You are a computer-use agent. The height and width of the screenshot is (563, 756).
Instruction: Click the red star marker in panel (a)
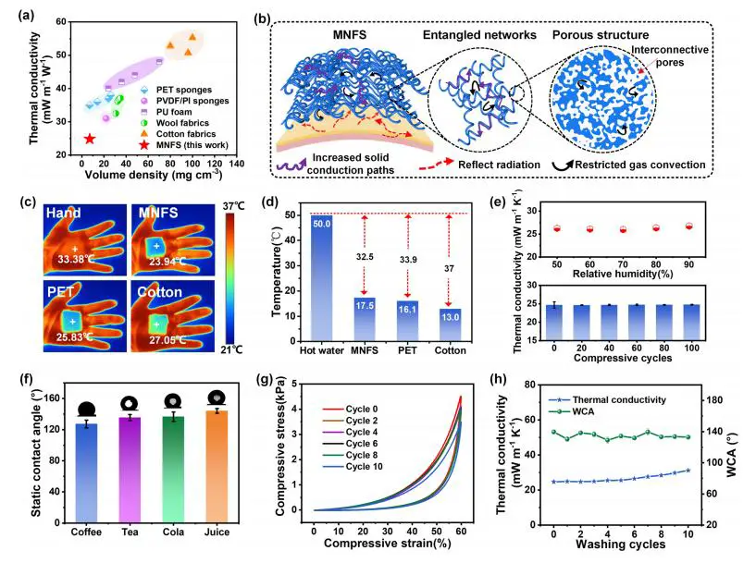89,139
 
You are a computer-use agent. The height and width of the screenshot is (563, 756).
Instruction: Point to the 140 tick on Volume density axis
237,163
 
